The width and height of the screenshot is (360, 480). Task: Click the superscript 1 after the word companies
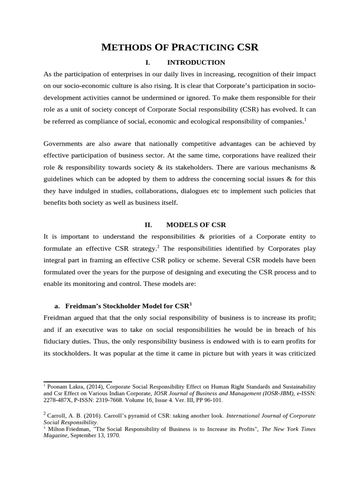pyautogui.click(x=305, y=120)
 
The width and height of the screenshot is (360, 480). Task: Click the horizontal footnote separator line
pyautogui.click(x=77, y=382)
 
